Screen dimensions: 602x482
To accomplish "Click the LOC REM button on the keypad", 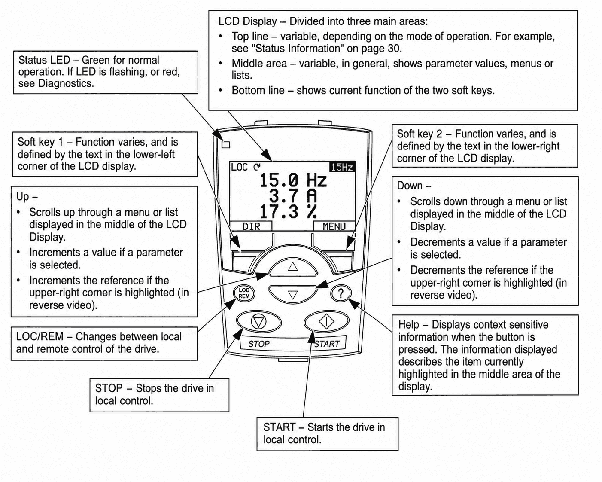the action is click(244, 293).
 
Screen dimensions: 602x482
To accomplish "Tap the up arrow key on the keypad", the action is click(293, 267).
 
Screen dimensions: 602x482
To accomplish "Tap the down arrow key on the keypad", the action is click(293, 294).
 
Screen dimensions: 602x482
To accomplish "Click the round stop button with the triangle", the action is click(259, 322).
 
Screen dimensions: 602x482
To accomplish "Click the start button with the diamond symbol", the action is click(326, 322).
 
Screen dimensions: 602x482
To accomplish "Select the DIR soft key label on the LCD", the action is click(251, 226).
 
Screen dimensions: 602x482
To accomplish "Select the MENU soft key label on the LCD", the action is click(334, 226).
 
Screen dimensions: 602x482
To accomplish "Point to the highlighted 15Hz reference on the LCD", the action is click(342, 167).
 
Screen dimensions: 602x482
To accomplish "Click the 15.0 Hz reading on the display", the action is click(293, 180).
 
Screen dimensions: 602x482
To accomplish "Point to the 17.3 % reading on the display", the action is click(289, 212).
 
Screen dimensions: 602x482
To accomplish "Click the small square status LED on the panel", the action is click(226, 145).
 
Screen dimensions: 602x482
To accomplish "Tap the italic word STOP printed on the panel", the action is click(259, 344).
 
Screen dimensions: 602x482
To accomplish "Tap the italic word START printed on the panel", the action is click(327, 344).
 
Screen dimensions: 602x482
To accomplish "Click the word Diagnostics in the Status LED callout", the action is click(66, 83).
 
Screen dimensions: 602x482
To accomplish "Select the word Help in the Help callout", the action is click(409, 325).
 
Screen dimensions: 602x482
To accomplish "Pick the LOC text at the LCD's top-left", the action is click(240, 167).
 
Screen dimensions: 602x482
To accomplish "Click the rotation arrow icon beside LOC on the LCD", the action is click(257, 167).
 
